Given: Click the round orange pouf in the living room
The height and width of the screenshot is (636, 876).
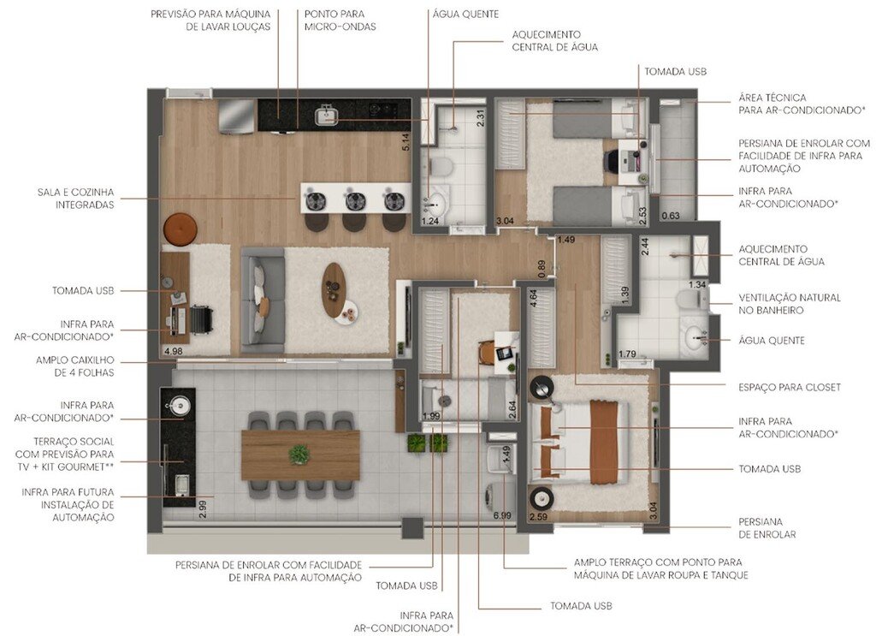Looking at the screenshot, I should tap(180, 229).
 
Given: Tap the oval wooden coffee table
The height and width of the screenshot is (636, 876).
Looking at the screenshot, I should tap(334, 288).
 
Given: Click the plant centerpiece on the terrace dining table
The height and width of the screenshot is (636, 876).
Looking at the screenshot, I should tap(299, 455).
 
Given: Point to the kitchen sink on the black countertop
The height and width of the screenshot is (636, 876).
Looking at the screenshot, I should tap(326, 114).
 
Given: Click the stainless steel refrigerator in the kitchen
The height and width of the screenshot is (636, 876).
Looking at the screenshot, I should tap(236, 116).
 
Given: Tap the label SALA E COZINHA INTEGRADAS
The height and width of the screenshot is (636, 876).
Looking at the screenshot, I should tap(74, 199).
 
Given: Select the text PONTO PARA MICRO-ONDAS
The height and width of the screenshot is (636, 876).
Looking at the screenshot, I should tap(340, 21).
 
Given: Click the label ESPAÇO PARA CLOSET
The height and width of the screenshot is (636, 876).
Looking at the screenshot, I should tap(790, 387).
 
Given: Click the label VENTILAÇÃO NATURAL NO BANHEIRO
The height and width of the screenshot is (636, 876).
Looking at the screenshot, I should tap(790, 304).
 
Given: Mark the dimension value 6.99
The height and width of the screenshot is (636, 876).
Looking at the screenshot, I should tap(501, 515).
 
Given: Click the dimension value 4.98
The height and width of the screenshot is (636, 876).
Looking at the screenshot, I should tap(173, 350).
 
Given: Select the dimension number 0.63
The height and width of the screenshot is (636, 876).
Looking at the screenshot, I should tap(671, 215).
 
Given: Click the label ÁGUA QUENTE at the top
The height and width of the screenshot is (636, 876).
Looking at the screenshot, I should tap(465, 14).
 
